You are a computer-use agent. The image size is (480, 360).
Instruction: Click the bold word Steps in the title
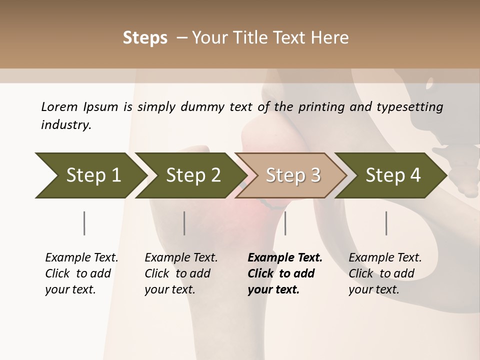pos(145,38)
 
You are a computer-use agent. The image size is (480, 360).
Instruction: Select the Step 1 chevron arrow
pos(90,175)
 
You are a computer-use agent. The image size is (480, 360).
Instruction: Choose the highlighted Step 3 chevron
pos(291,175)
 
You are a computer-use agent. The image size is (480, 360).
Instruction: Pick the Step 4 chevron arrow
pos(391,175)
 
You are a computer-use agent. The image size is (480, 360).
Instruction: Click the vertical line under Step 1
pos(84,223)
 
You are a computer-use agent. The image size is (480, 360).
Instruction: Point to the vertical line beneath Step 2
pos(184,223)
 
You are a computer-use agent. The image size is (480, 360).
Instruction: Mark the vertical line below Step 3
pos(285,223)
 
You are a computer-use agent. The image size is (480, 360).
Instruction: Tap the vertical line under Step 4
pos(386,223)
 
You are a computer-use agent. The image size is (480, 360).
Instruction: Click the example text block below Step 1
pos(81,273)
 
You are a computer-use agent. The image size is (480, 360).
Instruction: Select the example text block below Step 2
pos(181,273)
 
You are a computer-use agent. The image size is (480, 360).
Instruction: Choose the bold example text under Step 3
pos(285,273)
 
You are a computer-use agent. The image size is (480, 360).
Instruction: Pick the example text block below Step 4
pos(385,273)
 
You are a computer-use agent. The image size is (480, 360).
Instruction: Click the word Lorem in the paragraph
pos(59,106)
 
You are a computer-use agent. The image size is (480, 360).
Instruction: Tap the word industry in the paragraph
pos(66,125)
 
